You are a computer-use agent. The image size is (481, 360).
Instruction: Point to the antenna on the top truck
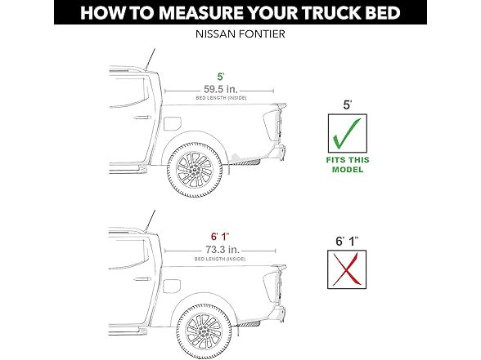click(148, 58)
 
